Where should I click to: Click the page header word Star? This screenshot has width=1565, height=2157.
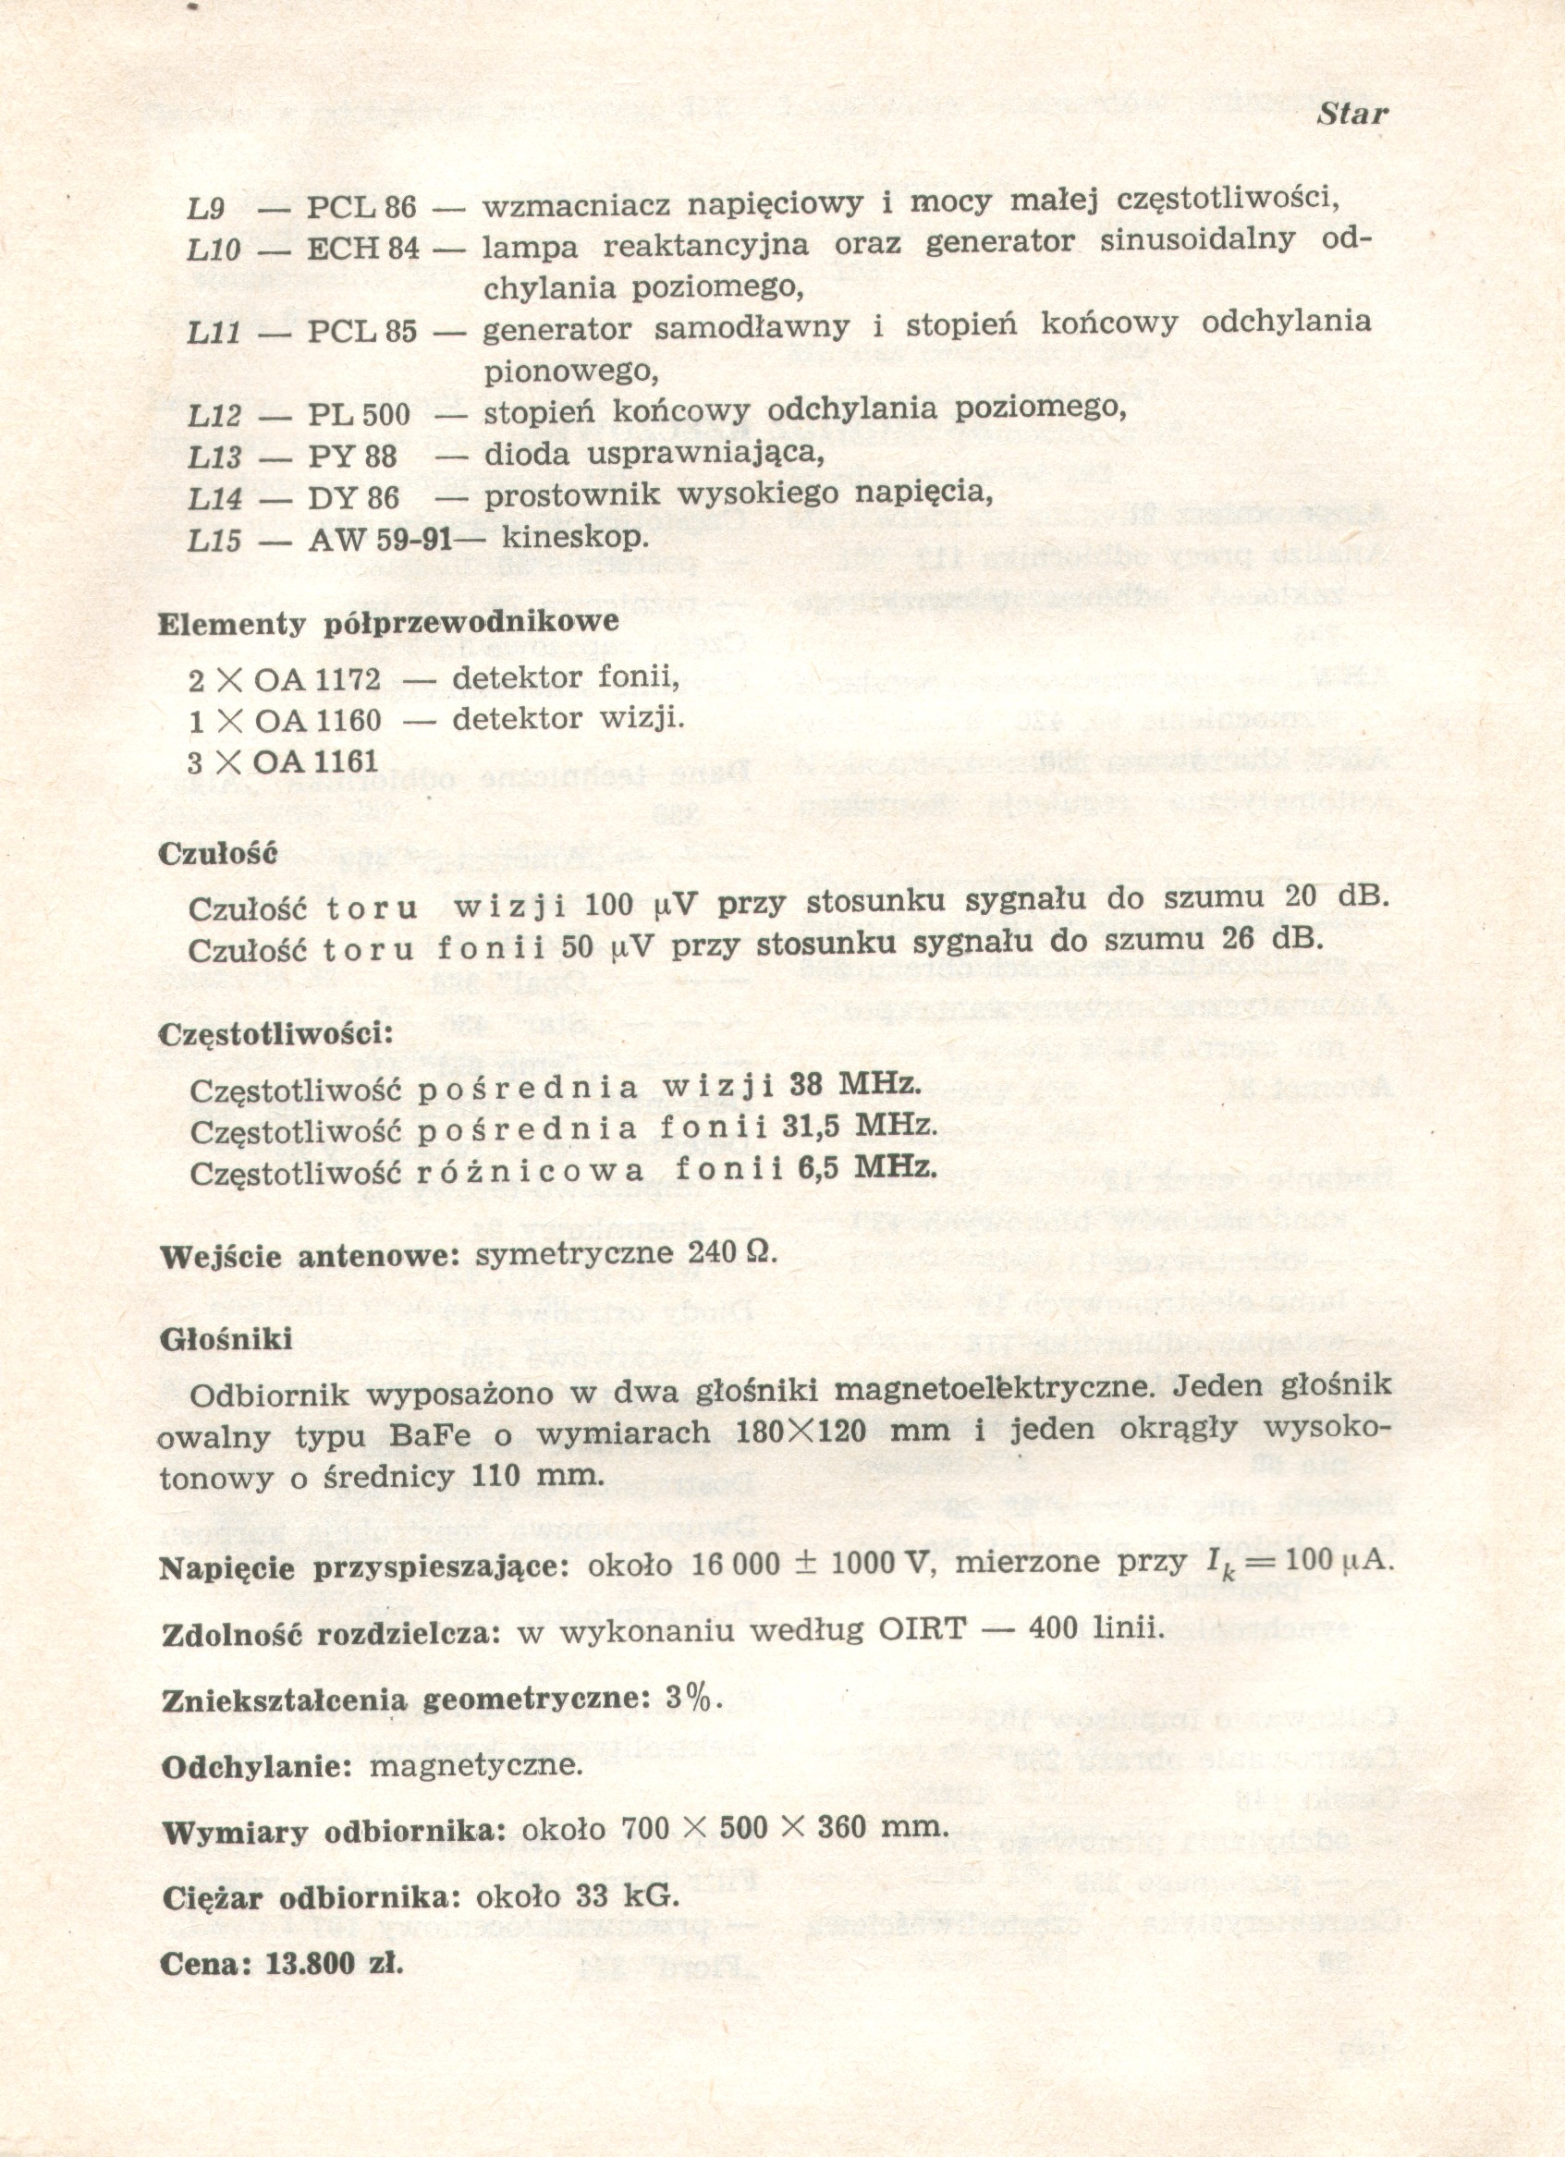click(x=1351, y=116)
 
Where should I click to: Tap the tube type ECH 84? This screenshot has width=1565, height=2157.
click(x=362, y=250)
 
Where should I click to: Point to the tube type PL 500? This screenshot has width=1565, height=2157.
click(x=359, y=416)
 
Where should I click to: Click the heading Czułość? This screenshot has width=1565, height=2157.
click(x=217, y=852)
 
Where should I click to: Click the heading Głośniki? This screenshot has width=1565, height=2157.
click(x=226, y=1339)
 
